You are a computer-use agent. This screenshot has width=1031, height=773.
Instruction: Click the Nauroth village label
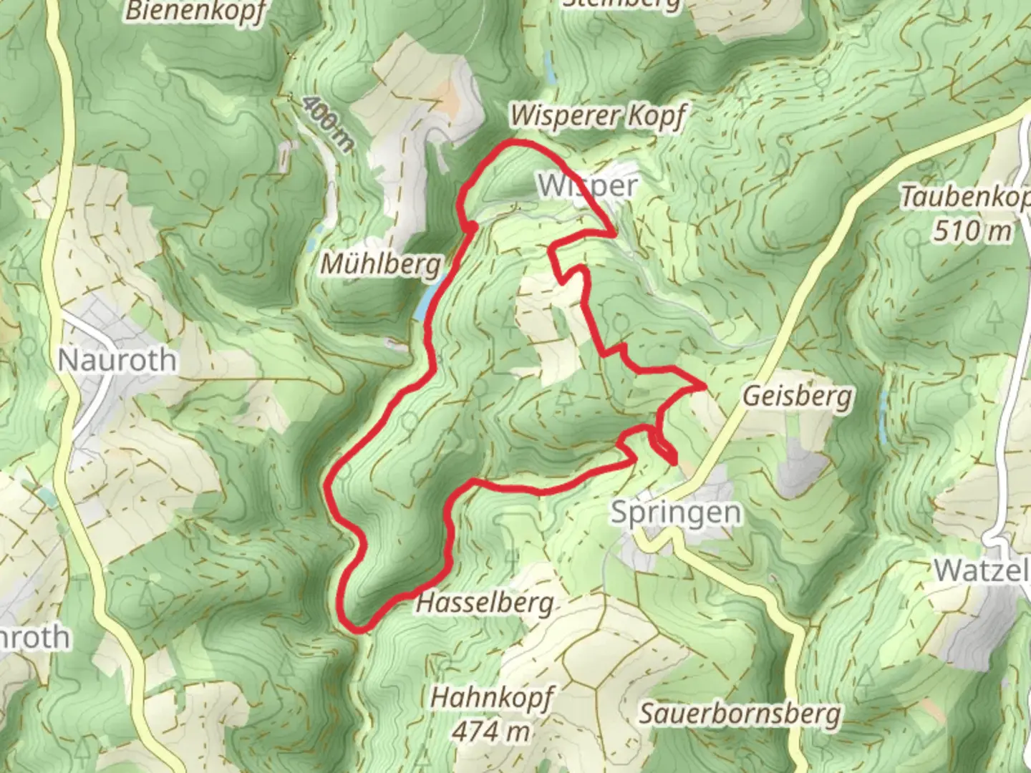coord(117,359)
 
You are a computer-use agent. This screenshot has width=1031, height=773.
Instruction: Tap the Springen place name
coord(676,512)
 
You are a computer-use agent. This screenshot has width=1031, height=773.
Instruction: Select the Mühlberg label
coord(380,264)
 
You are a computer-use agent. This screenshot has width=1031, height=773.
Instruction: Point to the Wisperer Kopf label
coord(598,115)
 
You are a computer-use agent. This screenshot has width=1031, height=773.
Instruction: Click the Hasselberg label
coord(485,603)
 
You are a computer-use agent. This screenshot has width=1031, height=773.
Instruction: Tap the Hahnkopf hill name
coord(492,697)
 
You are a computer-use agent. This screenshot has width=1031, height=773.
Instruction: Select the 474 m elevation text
coord(492,731)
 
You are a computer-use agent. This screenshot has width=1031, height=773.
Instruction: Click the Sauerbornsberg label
coord(740,714)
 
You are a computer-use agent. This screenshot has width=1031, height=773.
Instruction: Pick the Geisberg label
coord(798,396)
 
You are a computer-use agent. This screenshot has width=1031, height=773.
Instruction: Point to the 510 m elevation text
coord(973,230)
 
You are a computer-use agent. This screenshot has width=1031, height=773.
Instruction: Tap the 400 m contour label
coord(327,124)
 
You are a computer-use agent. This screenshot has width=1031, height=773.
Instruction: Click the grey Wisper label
coord(587,186)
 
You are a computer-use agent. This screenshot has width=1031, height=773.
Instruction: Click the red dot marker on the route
coord(472,227)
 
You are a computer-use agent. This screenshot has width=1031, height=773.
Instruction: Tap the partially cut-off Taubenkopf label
coord(965,197)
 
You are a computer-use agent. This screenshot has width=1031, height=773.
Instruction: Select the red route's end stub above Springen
coord(674,462)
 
